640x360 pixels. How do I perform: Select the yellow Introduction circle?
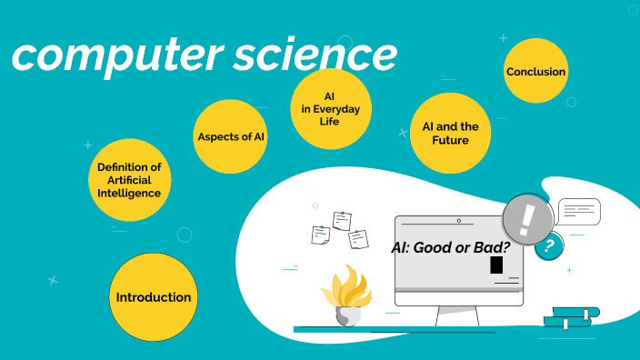(153, 297)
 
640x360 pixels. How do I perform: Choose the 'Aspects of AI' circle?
(232, 136)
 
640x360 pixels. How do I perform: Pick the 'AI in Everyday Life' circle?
(330, 108)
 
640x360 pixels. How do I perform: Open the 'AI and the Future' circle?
(450, 134)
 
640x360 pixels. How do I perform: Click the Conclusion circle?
(535, 72)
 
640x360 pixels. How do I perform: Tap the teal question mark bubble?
(548, 245)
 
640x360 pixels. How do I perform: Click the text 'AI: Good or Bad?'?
(448, 246)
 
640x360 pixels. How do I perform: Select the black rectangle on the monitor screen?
(496, 265)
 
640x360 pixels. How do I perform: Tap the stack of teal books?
(570, 317)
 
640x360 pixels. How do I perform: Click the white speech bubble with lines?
(578, 212)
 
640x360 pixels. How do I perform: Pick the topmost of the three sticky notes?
(342, 220)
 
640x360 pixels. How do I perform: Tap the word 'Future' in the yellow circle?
(450, 141)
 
